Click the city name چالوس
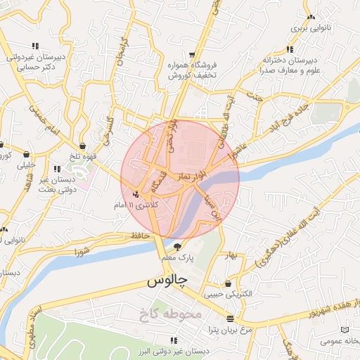tap(169, 281)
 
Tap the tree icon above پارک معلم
tap(177, 247)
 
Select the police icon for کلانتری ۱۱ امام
tap(136, 194)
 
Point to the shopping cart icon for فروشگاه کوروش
tap(192, 55)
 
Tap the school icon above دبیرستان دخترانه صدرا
tap(290, 49)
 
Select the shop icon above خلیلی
tap(27, 154)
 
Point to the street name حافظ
tap(136, 236)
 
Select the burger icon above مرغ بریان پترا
tap(230, 319)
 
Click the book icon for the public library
tap(344, 330)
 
